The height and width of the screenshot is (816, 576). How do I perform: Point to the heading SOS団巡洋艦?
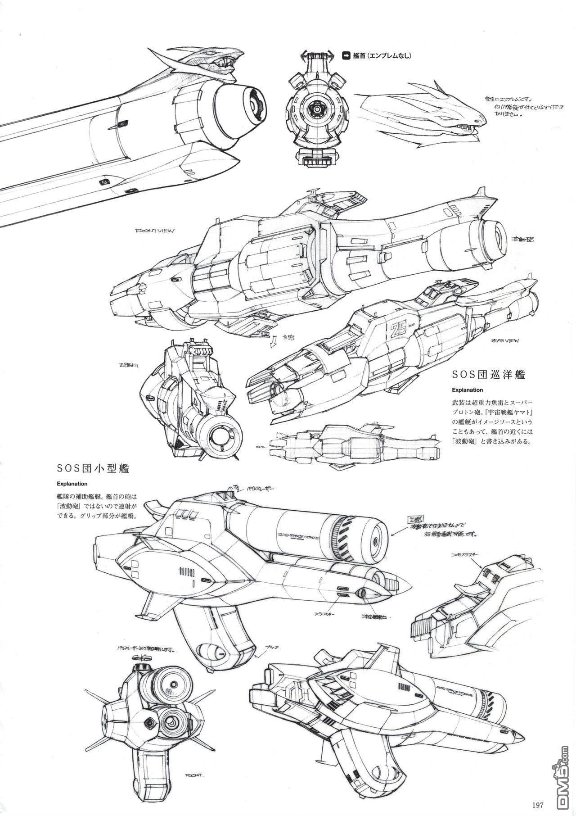(489, 375)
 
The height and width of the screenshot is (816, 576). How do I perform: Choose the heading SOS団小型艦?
(93, 469)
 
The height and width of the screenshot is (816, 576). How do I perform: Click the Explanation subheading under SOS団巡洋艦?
(460, 390)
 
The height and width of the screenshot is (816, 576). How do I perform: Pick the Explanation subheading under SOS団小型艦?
(72, 485)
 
